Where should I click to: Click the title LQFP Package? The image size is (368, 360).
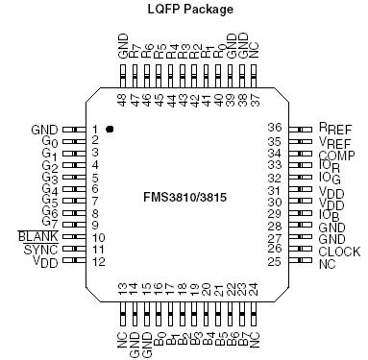[x=183, y=10]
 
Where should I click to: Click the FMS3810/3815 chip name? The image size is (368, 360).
[x=183, y=198]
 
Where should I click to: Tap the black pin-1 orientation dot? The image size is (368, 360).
[x=110, y=128]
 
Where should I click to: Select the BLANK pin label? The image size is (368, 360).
[x=38, y=235]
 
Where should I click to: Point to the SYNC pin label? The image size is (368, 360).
[x=41, y=249]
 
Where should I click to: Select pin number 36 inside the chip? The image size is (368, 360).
[x=274, y=127]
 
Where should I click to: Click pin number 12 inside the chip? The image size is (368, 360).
[x=98, y=261]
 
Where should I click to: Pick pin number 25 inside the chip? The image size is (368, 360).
[x=274, y=261]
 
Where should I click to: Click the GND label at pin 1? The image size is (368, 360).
[x=44, y=128]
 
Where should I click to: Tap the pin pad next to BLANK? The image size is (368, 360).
[x=71, y=236]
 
